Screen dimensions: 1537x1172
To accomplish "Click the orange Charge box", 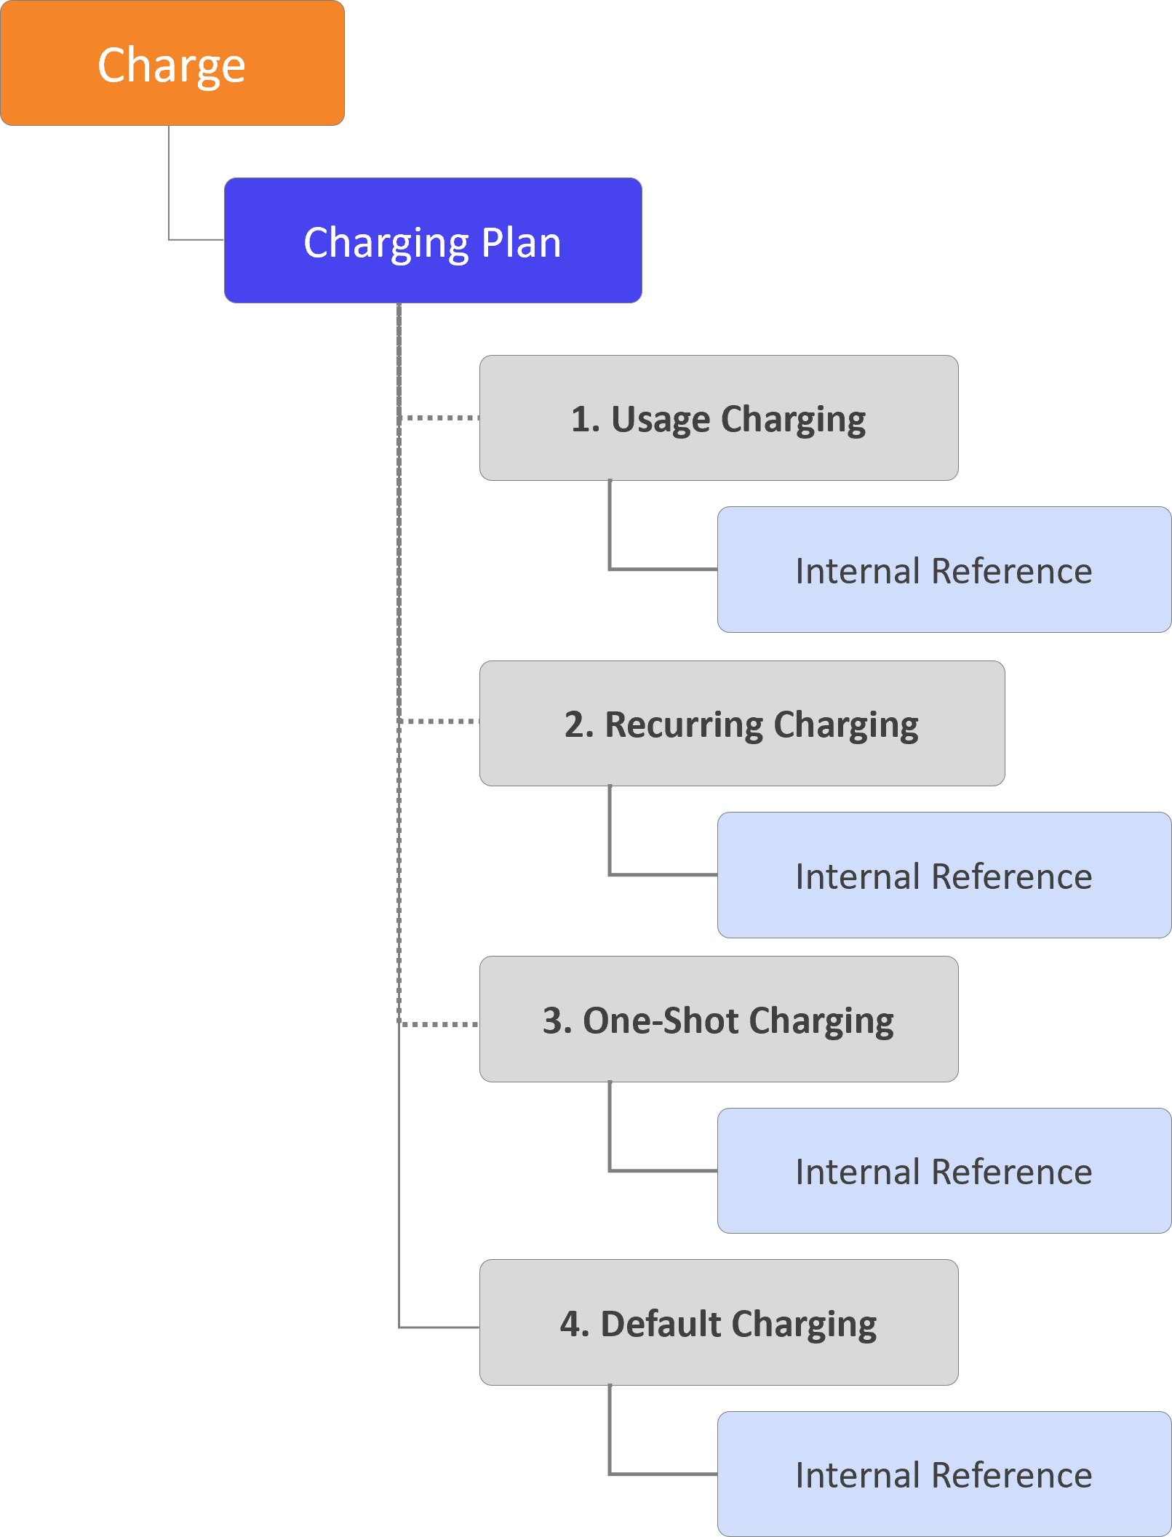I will pos(172,63).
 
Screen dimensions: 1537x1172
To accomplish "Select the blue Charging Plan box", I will pos(433,241).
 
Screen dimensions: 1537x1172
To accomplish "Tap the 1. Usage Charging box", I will pos(719,418).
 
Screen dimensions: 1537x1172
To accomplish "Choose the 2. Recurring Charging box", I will pos(742,724).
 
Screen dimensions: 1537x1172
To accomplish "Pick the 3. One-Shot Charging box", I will pos(719,1019).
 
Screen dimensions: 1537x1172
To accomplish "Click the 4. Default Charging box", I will pos(719,1322).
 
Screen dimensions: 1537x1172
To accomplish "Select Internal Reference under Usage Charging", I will pos(944,570).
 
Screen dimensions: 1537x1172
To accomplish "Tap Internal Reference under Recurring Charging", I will pos(944,875).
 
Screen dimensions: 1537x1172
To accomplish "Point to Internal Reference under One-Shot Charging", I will pos(944,1171).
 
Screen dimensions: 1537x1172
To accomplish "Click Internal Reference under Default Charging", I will pos(944,1474).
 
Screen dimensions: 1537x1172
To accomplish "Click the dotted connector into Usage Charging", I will pos(440,418).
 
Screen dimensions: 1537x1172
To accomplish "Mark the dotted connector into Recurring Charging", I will pos(440,722).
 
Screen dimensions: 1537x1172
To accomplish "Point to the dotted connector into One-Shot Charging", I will pos(440,1024).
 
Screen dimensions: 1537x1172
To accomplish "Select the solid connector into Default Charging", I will pos(439,1328).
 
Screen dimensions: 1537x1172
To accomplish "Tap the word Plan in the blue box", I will pos(521,242).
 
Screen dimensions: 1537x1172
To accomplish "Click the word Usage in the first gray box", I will pos(661,419).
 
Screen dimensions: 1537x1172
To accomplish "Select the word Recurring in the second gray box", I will pos(684,724).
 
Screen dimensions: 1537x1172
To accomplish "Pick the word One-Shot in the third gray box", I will pos(661,1020).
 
